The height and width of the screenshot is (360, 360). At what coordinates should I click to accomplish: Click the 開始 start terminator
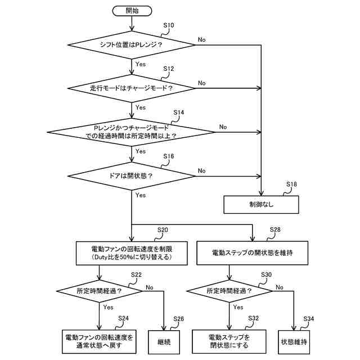(x=132, y=11)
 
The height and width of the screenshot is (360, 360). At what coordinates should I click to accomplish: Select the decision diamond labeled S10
(x=131, y=45)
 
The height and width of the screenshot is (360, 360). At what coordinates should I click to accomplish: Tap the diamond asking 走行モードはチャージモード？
(x=131, y=88)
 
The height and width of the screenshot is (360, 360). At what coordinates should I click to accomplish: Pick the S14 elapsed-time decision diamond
(x=131, y=132)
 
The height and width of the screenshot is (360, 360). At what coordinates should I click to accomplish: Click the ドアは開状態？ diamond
(x=131, y=176)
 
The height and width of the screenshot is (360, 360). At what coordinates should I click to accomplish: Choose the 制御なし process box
(x=261, y=205)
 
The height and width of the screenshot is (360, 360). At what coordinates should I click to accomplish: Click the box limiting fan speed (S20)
(x=132, y=253)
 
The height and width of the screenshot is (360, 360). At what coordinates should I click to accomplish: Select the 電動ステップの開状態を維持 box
(x=253, y=253)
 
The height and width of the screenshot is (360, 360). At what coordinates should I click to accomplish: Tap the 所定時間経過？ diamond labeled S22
(x=100, y=291)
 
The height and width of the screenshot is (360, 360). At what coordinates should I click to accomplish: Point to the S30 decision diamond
(x=229, y=291)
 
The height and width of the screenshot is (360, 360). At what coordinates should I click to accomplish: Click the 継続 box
(x=164, y=342)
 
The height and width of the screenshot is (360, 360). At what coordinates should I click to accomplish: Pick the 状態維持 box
(x=294, y=342)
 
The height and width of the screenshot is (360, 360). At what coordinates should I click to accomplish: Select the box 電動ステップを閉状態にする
(x=229, y=341)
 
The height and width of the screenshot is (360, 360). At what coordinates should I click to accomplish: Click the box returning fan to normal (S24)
(x=99, y=341)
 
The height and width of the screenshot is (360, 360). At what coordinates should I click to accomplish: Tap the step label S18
(x=291, y=184)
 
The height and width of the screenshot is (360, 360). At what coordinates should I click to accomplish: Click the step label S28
(x=275, y=229)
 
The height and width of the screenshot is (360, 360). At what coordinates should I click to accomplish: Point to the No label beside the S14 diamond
(x=223, y=127)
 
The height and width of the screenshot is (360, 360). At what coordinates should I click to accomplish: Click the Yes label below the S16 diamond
(x=141, y=195)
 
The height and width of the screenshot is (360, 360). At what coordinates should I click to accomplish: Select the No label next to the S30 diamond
(x=280, y=287)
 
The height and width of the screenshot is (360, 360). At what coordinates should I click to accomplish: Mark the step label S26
(x=179, y=319)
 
